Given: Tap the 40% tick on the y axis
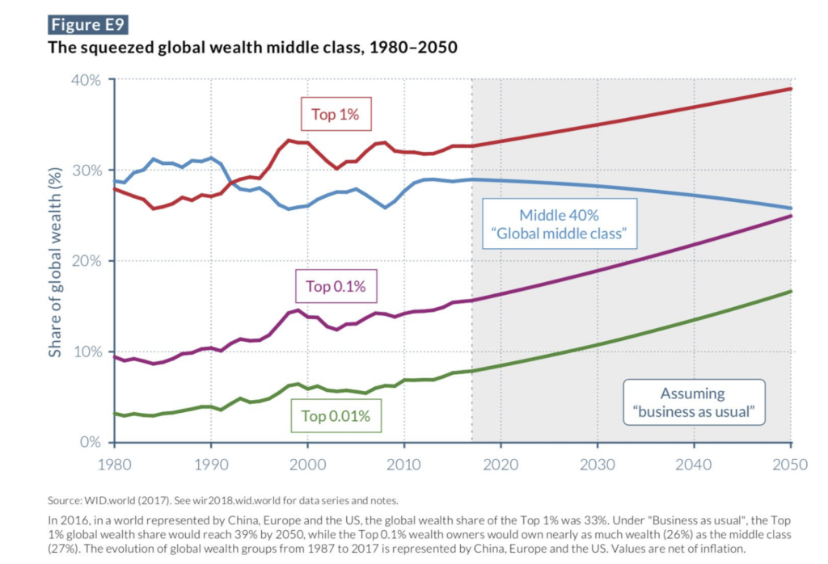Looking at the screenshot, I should pyautogui.click(x=85, y=80).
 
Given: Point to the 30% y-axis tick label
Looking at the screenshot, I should pyautogui.click(x=85, y=170).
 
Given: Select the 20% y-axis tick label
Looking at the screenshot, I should pyautogui.click(x=85, y=261).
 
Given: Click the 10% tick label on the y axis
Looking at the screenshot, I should pyautogui.click(x=85, y=351).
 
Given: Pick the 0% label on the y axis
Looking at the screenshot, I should pyautogui.click(x=90, y=442).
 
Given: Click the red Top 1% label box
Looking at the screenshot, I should pyautogui.click(x=335, y=114).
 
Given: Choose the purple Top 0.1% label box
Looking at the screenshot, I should pyautogui.click(x=336, y=285).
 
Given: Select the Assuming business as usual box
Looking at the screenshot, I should pyautogui.click(x=692, y=402).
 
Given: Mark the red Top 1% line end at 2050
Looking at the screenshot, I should pyautogui.click(x=790, y=89).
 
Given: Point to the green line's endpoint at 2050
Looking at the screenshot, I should pyautogui.click(x=790, y=292).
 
